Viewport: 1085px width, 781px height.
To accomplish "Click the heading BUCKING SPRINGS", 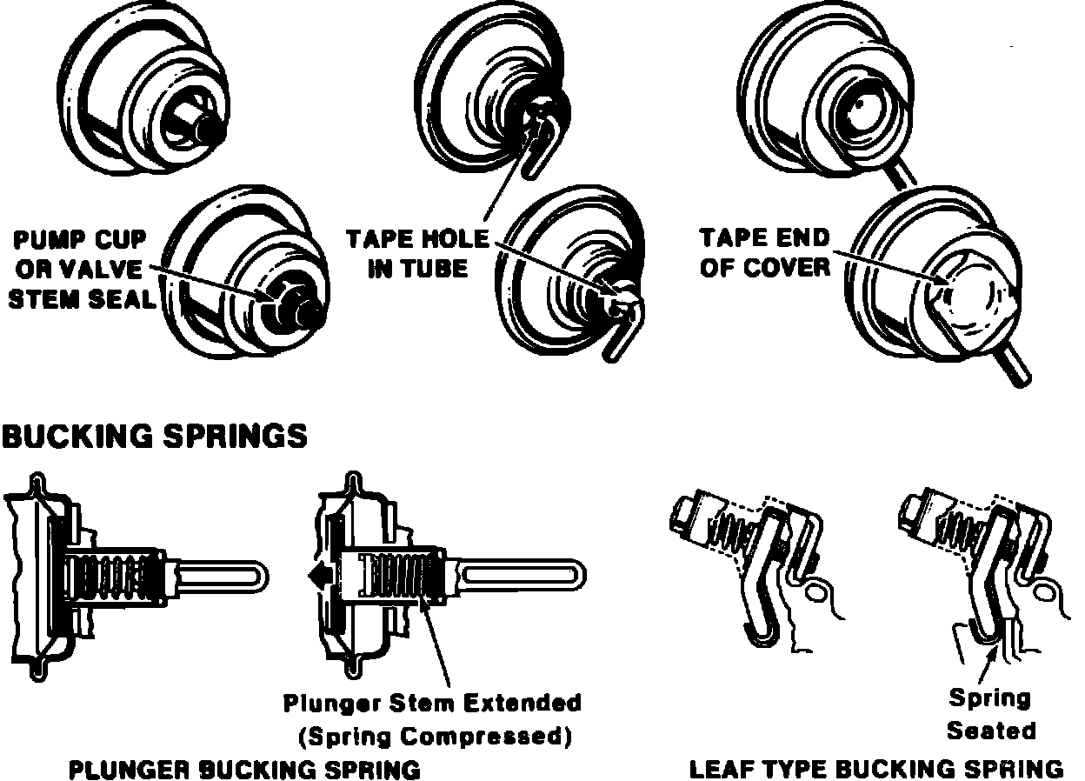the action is pyautogui.click(x=154, y=436).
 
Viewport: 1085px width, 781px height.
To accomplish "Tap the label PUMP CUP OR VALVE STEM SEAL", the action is pyautogui.click(x=83, y=269).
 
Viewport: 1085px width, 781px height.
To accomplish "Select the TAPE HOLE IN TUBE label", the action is pyautogui.click(x=417, y=253).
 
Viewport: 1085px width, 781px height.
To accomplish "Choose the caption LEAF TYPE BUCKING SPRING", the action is pyautogui.click(x=875, y=770).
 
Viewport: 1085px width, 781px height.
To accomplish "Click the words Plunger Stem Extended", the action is pyautogui.click(x=432, y=702).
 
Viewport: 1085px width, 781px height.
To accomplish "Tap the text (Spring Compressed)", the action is pyautogui.click(x=435, y=738).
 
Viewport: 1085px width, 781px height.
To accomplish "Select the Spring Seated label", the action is pyautogui.click(x=990, y=714).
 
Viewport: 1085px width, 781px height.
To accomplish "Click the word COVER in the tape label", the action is pyautogui.click(x=786, y=267).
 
